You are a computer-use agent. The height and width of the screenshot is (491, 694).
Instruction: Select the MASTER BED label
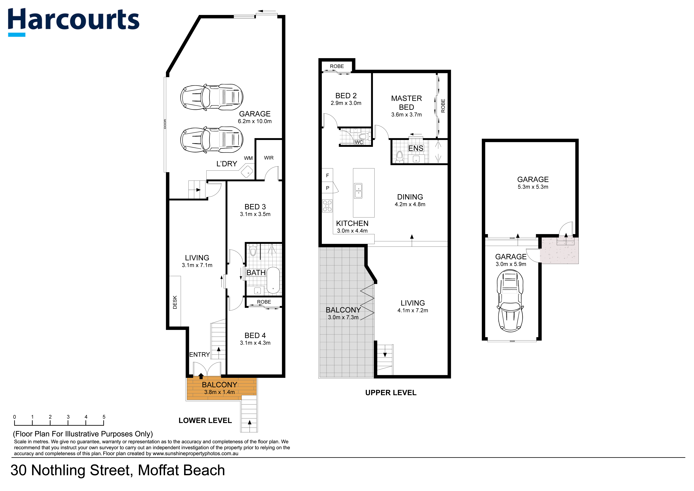pyautogui.click(x=406, y=103)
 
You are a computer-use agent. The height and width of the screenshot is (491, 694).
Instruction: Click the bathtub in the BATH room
pyautogui.click(x=273, y=280)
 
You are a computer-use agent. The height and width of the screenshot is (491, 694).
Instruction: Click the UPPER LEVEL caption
pyautogui.click(x=391, y=393)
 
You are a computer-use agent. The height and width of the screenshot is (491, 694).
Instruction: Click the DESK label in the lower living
pyautogui.click(x=175, y=302)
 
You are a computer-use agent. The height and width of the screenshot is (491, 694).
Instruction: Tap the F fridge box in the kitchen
pyautogui.click(x=327, y=175)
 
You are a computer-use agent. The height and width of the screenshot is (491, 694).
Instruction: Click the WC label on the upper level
pyautogui.click(x=359, y=142)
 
